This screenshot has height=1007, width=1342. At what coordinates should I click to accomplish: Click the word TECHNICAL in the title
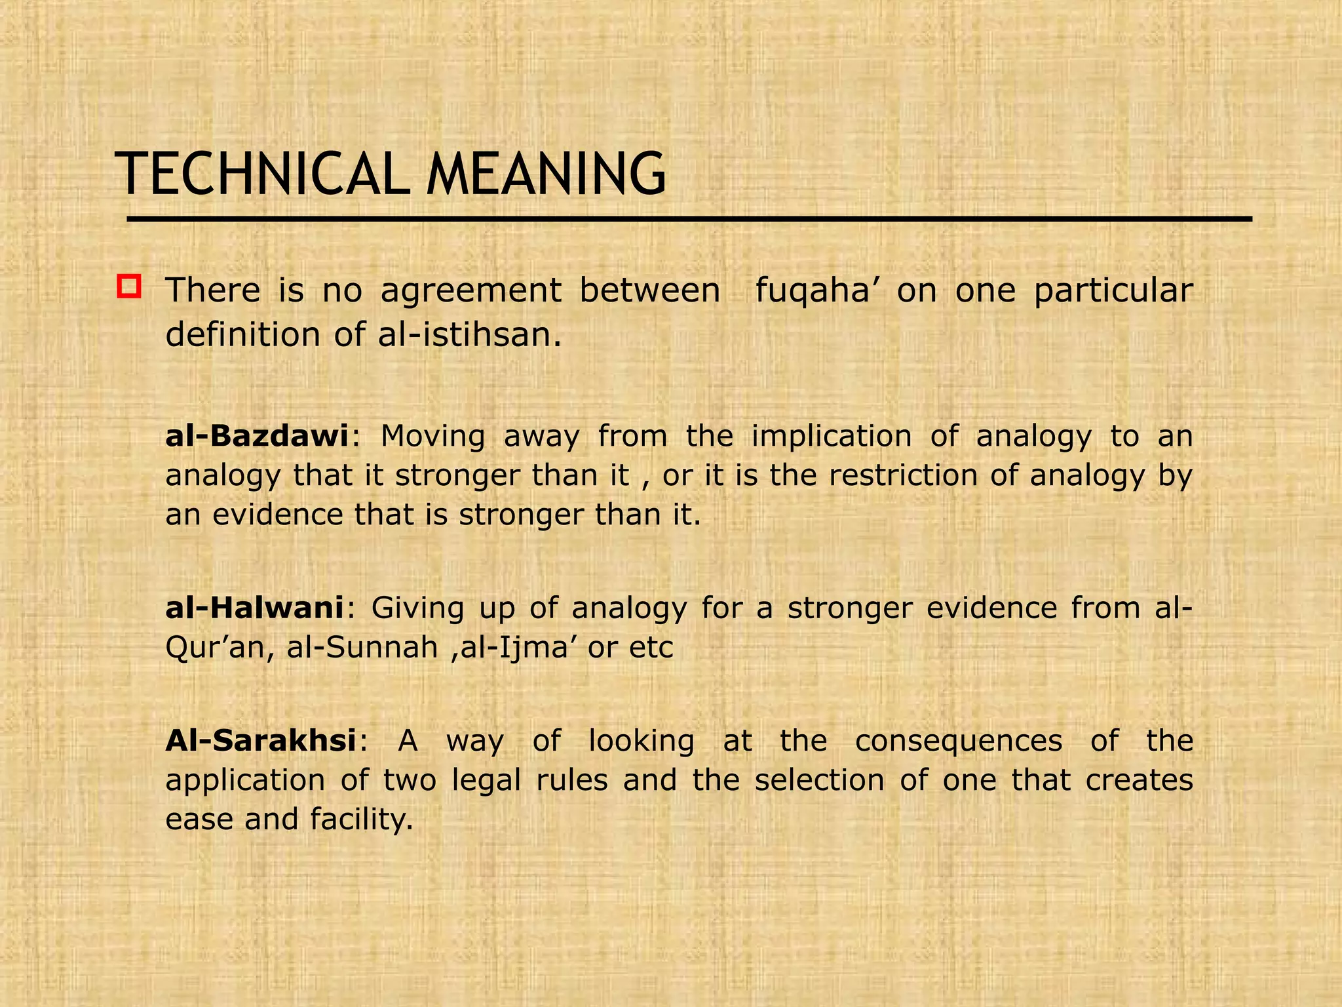263,174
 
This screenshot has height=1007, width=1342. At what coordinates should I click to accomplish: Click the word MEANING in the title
546,174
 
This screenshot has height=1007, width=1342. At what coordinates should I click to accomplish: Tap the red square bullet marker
129,287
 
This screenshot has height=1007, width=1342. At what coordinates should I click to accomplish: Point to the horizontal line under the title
688,219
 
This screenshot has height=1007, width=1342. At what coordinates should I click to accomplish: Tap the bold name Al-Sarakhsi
261,741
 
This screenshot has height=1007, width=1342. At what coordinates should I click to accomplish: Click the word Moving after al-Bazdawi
433,436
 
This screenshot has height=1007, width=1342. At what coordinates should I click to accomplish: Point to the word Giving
417,608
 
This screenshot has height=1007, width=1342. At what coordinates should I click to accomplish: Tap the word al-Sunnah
362,648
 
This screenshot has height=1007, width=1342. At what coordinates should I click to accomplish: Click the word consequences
958,741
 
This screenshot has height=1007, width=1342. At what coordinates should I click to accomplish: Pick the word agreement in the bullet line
470,290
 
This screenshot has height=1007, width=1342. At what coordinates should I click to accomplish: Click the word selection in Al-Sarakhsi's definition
819,780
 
